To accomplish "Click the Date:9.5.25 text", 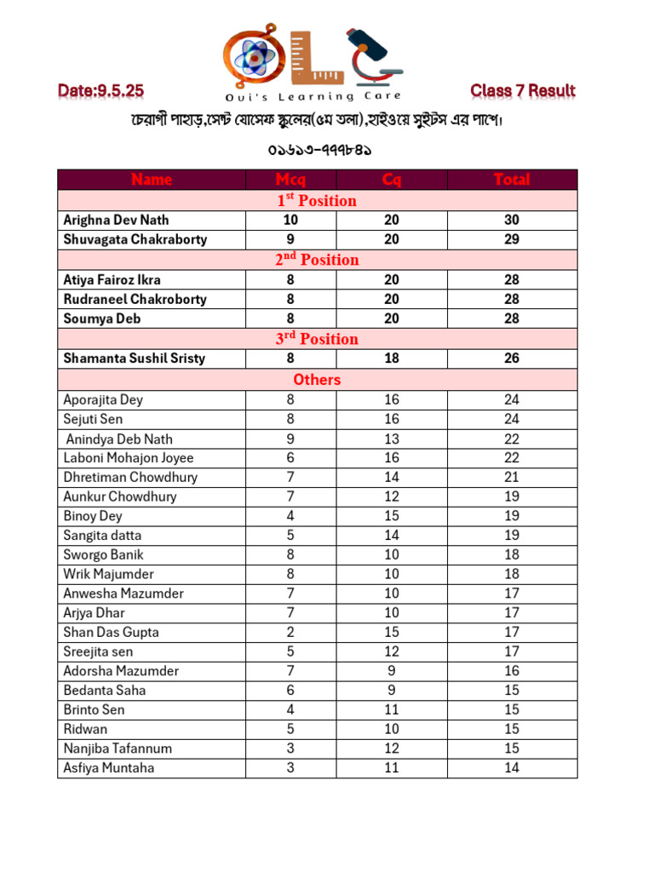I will [x=100, y=90].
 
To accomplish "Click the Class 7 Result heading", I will [x=522, y=90].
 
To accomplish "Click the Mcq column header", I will [x=290, y=180].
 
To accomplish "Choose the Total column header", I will [x=511, y=180].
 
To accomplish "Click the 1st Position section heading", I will [x=317, y=201].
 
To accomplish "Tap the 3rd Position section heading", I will [x=317, y=339].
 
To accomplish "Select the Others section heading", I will [x=317, y=380].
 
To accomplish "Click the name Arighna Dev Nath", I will [x=116, y=220].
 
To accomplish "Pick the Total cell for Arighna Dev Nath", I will [x=511, y=220].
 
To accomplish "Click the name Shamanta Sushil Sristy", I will [x=134, y=359].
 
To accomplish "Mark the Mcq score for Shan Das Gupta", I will [x=290, y=632].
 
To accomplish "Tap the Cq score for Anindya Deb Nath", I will [x=391, y=439].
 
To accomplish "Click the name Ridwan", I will [x=85, y=729].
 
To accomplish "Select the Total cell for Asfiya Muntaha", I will [x=511, y=768].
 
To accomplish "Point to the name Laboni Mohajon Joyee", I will [x=128, y=458].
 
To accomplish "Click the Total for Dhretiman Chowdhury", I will [x=511, y=478].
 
